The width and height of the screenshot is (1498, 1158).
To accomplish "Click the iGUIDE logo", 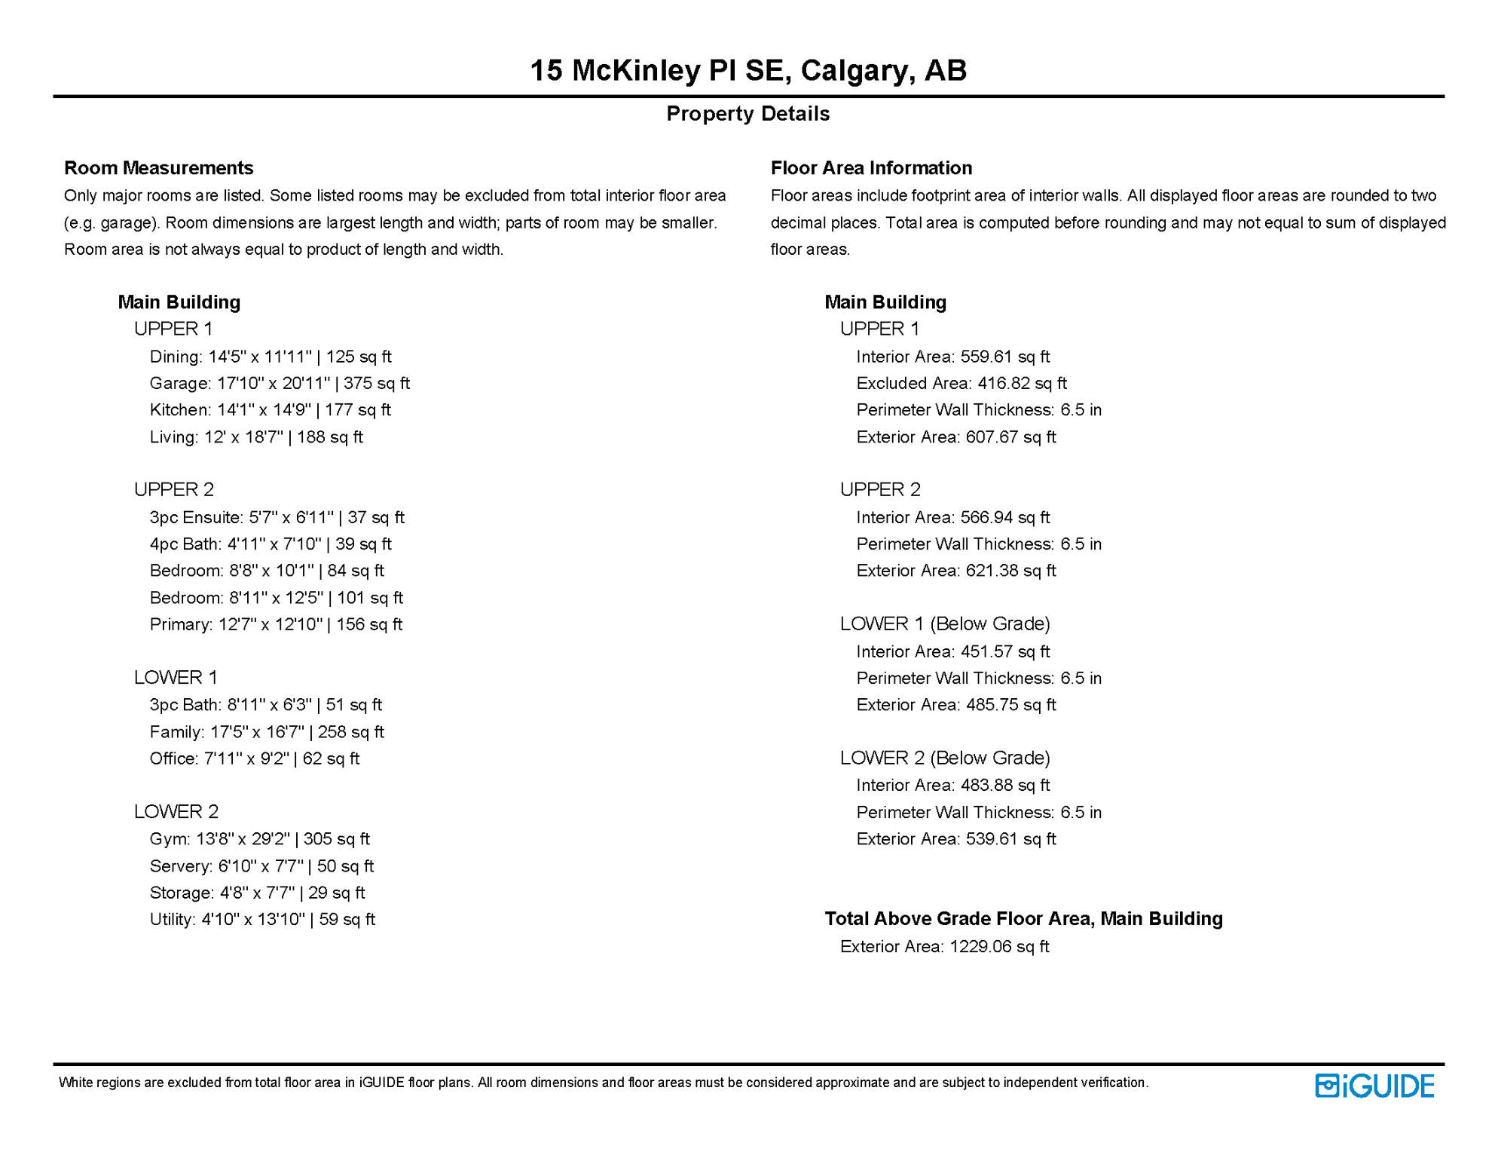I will [1374, 1086].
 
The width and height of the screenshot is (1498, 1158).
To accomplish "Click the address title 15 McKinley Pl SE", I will [747, 70].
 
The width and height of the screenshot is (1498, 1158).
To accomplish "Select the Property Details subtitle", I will [747, 114].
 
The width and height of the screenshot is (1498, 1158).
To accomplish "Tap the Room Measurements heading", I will [158, 167].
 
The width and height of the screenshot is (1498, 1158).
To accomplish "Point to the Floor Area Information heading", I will [870, 167].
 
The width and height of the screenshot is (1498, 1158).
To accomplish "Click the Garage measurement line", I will [279, 383].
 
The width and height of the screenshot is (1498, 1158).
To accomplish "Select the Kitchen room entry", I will [270, 410].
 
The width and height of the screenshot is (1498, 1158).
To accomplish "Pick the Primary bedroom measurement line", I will [275, 624].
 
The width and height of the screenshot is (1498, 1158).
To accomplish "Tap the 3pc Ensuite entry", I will [277, 517].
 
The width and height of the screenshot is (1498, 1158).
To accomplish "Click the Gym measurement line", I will [259, 839].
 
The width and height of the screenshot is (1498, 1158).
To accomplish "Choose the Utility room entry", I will [261, 919].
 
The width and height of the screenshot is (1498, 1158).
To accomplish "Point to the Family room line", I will [266, 732].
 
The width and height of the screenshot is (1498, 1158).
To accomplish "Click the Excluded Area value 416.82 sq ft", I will [961, 383].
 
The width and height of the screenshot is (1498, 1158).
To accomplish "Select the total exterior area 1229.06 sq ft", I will [944, 946].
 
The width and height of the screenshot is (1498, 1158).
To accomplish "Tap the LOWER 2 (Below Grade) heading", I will [944, 758].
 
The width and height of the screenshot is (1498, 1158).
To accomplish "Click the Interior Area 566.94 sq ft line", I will [952, 517].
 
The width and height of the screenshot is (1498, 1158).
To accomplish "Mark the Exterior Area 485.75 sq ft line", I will [955, 705].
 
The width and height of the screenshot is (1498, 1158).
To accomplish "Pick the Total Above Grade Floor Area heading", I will [1023, 918].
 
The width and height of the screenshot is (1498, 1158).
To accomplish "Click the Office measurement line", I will [254, 758].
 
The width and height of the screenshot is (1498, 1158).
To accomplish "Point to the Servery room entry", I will [261, 866].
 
